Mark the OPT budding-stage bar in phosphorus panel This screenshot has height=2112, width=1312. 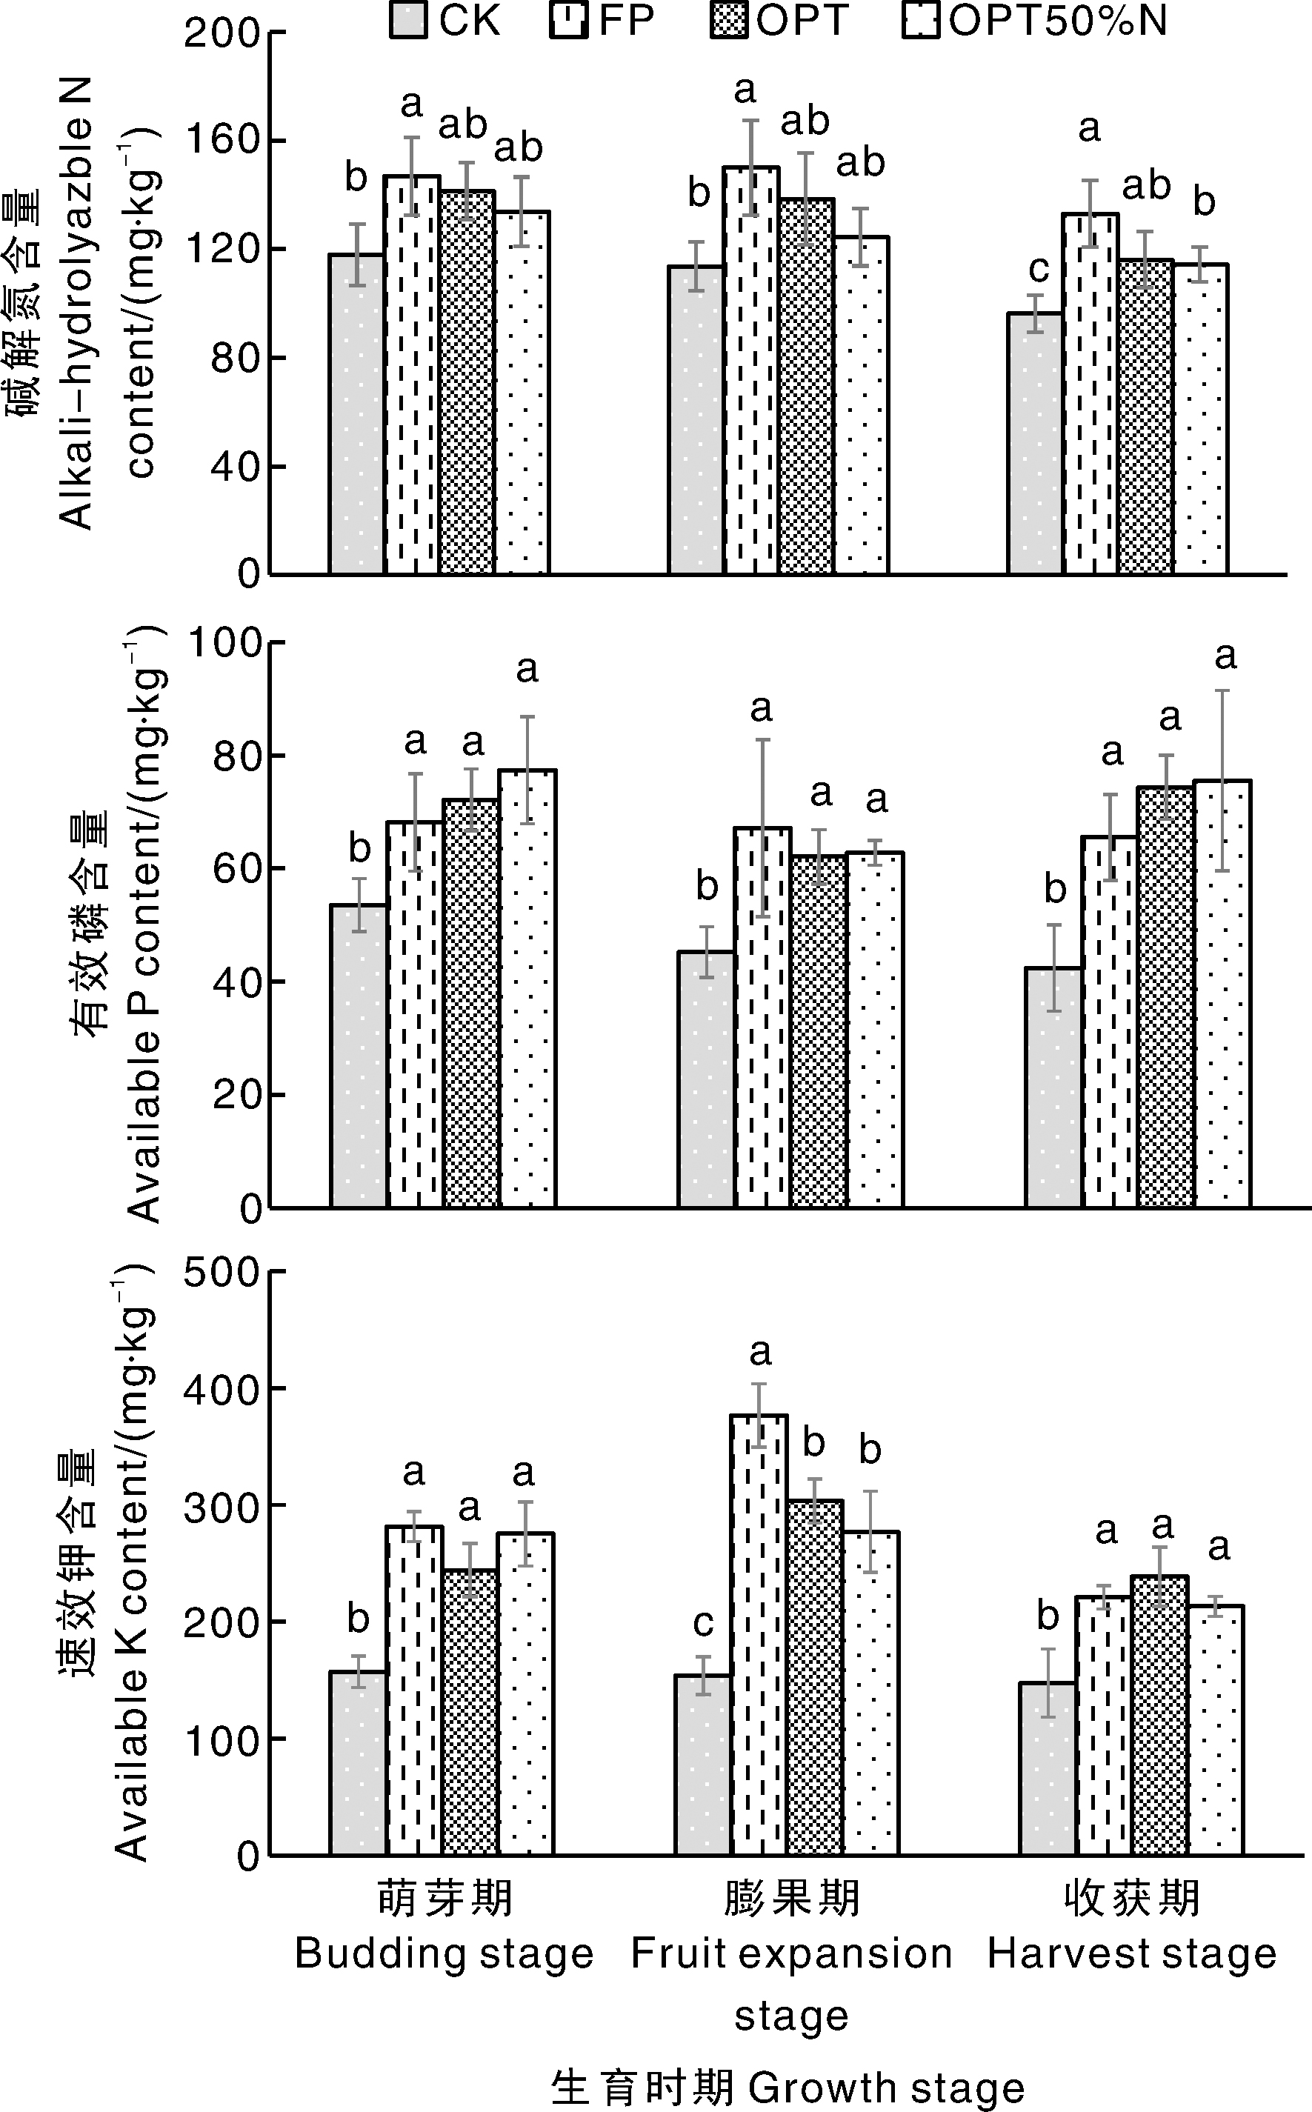pos(471,1003)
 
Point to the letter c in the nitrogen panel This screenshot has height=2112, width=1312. pos(1039,268)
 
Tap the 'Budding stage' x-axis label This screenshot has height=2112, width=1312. pos(444,1954)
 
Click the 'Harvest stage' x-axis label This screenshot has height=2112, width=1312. pos(1131,1954)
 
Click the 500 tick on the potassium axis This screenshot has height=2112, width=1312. pos(222,1272)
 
